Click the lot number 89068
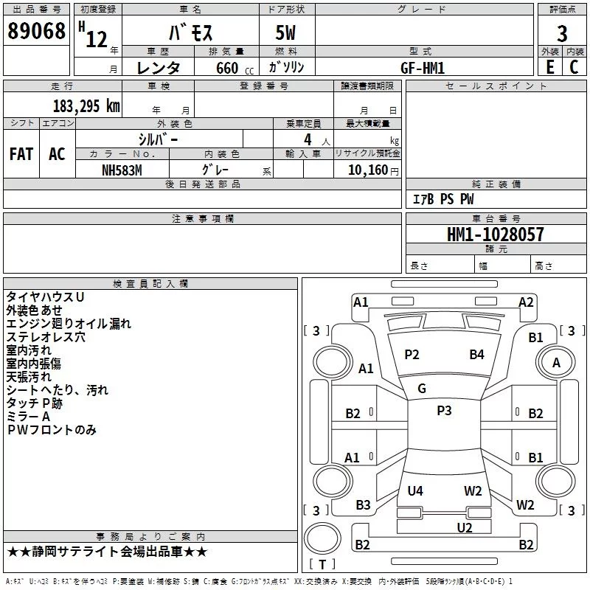click(36, 31)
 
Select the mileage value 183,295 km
click(86, 106)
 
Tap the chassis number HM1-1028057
click(495, 235)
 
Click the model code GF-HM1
click(423, 68)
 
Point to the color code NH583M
click(122, 170)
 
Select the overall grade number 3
click(562, 34)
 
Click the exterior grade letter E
click(549, 67)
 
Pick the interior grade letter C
click(574, 67)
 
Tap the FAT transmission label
click(21, 154)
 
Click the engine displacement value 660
click(227, 68)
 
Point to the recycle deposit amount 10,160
click(368, 170)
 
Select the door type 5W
click(285, 32)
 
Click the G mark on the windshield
click(422, 389)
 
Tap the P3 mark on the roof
click(444, 411)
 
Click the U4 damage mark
click(415, 490)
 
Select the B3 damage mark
click(363, 504)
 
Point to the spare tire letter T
click(322, 564)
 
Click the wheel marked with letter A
click(556, 362)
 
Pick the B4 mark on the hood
click(476, 354)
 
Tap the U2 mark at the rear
click(465, 527)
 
